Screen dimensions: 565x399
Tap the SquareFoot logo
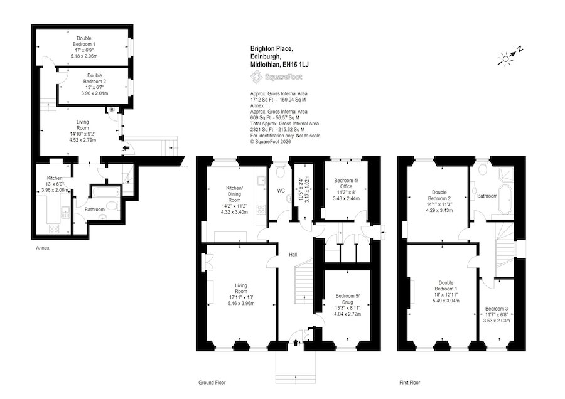[276, 77]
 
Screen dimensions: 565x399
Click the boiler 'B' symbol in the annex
[112, 109]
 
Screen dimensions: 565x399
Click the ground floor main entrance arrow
[296, 342]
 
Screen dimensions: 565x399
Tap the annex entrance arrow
[126, 148]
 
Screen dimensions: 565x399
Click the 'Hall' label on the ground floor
[293, 255]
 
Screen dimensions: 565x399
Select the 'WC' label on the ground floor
[281, 191]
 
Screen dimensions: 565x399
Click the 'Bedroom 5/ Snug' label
[347, 299]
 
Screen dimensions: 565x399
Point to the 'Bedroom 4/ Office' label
[346, 183]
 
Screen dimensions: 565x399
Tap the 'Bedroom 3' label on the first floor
[496, 309]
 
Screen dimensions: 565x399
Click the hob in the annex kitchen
[54, 228]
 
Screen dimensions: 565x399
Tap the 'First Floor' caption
[410, 383]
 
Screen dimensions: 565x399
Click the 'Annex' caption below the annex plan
[43, 248]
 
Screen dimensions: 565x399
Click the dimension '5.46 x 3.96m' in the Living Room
[241, 303]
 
